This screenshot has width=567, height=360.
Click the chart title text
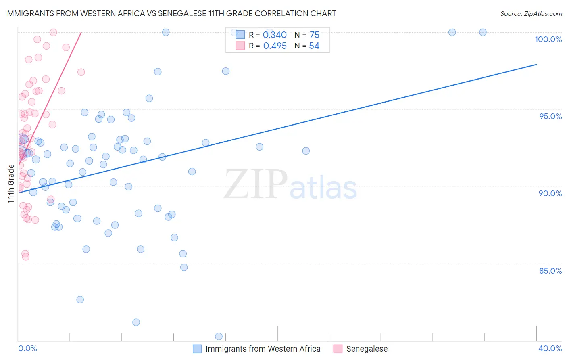click(x=171, y=14)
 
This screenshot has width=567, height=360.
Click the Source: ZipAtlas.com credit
click(x=531, y=14)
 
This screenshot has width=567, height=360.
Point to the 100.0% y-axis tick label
click(x=548, y=39)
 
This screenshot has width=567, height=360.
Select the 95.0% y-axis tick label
click(x=550, y=116)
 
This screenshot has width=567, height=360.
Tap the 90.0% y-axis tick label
click(x=550, y=193)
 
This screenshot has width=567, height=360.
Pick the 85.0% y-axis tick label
click(x=550, y=271)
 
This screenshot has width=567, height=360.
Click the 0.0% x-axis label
click(x=27, y=348)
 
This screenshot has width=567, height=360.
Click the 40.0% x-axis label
click(x=550, y=348)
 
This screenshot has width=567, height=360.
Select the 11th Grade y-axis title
click(x=11, y=184)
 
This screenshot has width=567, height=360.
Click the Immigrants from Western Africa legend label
click(x=263, y=349)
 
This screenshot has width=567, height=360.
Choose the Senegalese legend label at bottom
click(x=367, y=349)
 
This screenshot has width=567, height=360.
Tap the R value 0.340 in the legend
click(x=275, y=35)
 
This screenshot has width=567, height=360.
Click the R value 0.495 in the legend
click(x=275, y=46)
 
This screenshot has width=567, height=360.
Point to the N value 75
click(x=314, y=35)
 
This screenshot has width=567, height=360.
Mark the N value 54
click(x=314, y=46)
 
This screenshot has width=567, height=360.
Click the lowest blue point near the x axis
click(x=219, y=337)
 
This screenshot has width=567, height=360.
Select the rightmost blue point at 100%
click(x=483, y=32)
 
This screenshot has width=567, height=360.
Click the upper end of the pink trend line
click(x=81, y=32)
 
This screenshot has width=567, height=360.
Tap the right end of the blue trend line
click(x=536, y=64)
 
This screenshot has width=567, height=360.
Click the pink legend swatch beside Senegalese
click(x=338, y=349)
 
